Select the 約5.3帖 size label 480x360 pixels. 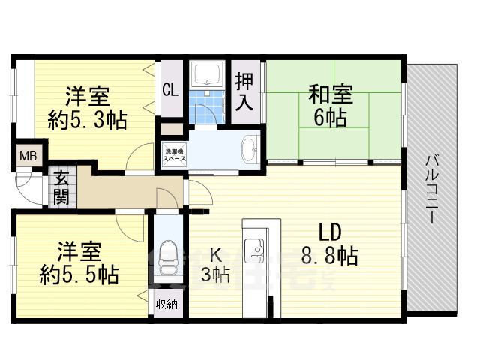pos(88,118)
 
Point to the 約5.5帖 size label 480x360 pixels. pos(79,274)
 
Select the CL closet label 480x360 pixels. pos(170,90)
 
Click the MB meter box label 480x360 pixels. pos(28,157)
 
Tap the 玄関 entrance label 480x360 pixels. pos(61,187)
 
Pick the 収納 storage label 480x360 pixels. pos(166,304)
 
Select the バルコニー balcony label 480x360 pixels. pos(432,187)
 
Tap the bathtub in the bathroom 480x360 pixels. pos(206,75)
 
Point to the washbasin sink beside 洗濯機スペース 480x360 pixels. pos(250,148)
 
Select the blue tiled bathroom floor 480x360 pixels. pos(206,105)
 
